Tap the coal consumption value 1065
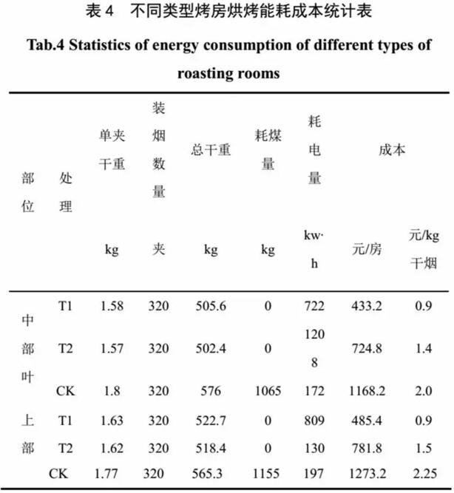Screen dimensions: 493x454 (x=268, y=391)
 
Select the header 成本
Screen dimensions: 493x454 (x=392, y=149)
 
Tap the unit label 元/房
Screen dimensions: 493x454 (x=367, y=250)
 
